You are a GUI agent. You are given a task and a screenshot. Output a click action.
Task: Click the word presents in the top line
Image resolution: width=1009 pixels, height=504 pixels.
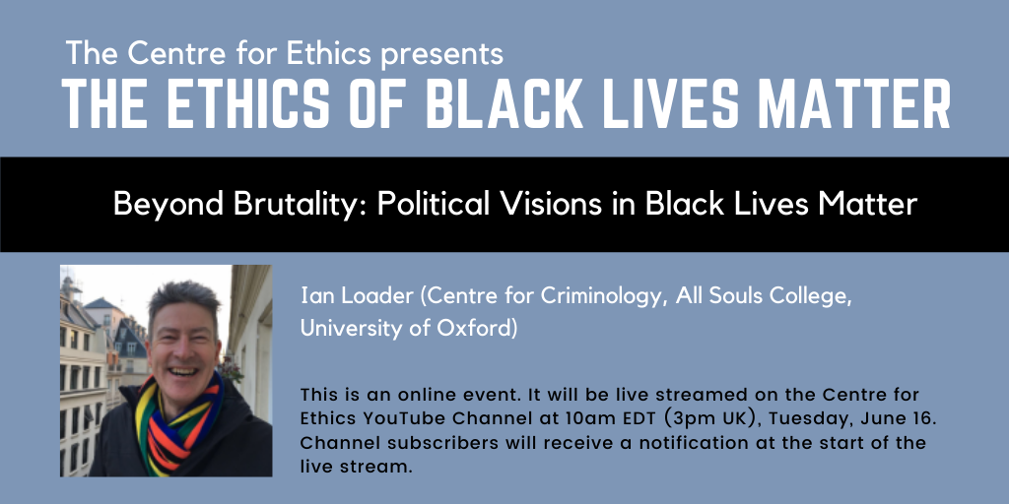point(442,55)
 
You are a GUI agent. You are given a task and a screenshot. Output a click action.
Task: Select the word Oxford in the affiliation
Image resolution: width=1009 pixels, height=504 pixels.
point(478,329)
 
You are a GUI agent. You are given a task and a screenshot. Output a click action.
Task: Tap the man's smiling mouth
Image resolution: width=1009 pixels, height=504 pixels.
point(183,371)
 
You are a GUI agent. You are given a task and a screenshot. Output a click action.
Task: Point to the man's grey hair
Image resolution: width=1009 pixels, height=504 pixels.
point(184,300)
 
